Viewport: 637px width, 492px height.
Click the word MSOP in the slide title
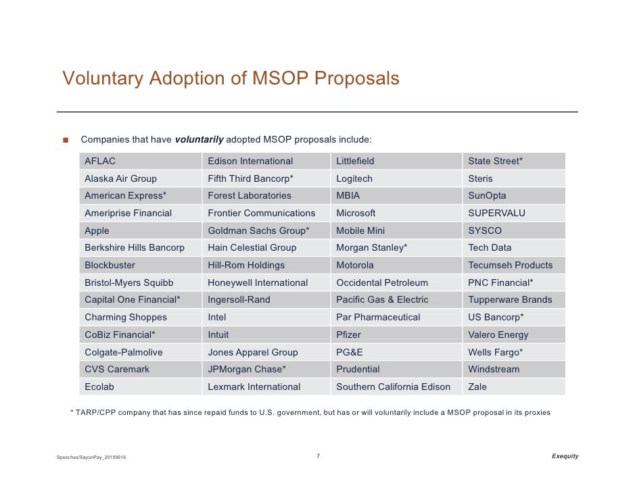pos(280,78)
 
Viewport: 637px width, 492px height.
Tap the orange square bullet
pos(66,140)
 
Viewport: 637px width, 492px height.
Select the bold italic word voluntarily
pos(199,140)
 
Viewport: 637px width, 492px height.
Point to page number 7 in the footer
pos(318,456)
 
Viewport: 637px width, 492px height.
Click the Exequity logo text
pos(565,456)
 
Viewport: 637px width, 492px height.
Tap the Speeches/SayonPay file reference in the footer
pos(91,457)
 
